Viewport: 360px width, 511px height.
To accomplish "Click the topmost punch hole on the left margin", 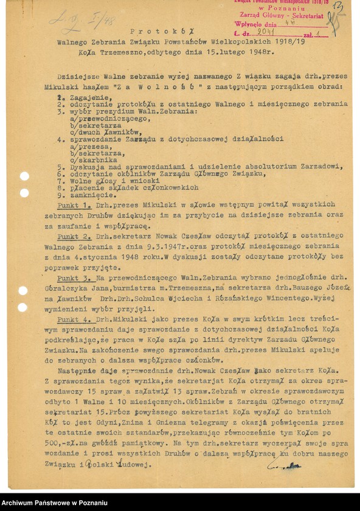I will click(x=24, y=176).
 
